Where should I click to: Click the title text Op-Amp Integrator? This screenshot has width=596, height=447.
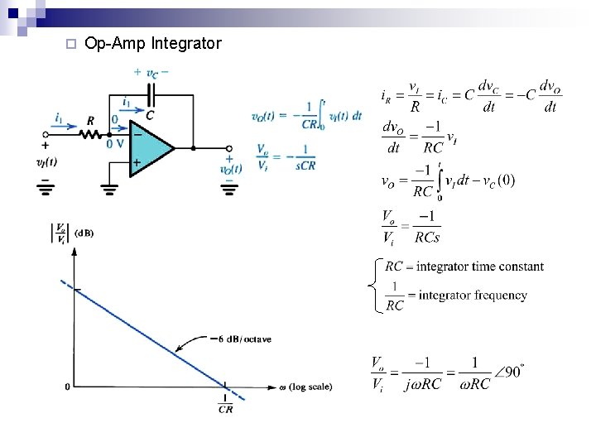153,43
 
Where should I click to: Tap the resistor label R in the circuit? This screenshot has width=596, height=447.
90,122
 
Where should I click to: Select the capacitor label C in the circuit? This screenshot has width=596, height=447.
150,115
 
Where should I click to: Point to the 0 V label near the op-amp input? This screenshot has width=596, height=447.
115,143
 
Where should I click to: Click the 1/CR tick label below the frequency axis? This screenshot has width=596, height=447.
225,403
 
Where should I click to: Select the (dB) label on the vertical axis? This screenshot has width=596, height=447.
84,233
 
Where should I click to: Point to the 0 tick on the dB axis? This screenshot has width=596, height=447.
67,387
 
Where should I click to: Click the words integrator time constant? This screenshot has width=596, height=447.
480,267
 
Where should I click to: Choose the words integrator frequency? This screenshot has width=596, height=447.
472,295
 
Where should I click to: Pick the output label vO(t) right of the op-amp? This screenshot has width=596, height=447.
231,170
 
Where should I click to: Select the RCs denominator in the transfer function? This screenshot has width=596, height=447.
427,238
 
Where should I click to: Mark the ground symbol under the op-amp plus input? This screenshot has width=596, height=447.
109,189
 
